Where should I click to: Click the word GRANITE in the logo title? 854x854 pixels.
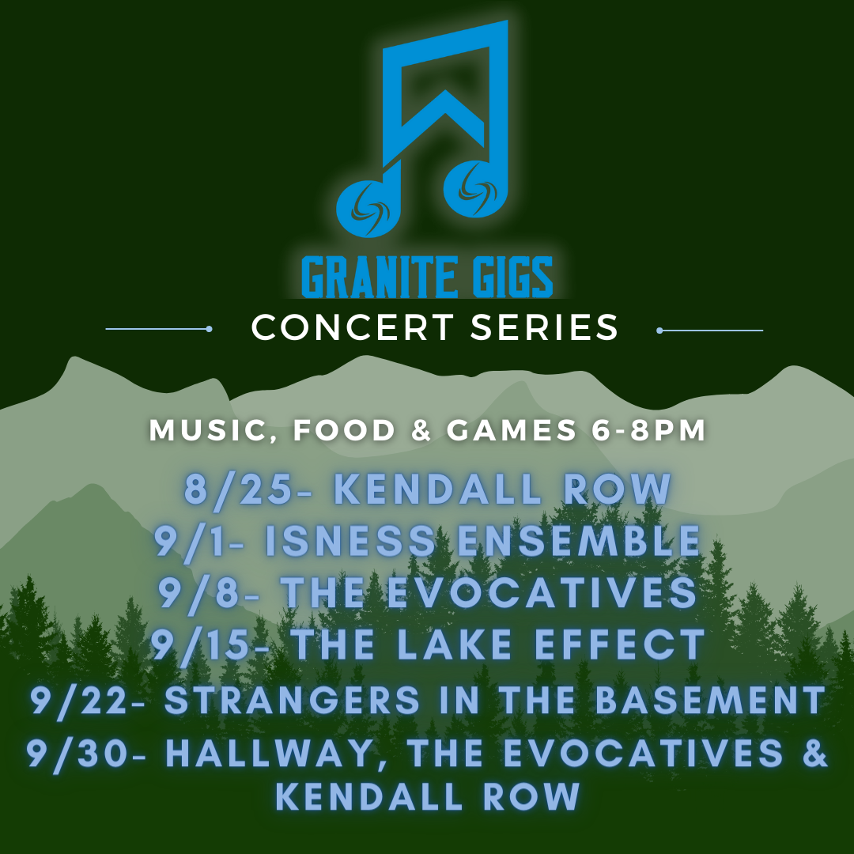(380, 278)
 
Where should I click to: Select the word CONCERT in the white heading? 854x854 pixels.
(353, 327)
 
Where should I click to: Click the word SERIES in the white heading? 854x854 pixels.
(544, 327)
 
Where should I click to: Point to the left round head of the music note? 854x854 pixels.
(368, 209)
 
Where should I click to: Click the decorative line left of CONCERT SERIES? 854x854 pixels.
(158, 329)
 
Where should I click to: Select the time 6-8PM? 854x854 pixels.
(648, 429)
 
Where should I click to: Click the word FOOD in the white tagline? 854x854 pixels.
(344, 429)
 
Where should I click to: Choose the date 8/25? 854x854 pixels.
(239, 489)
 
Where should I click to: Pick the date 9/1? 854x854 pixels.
(190, 542)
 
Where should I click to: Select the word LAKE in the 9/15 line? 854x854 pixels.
(454, 644)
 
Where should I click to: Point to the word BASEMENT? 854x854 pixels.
(710, 700)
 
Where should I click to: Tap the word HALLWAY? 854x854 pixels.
(269, 754)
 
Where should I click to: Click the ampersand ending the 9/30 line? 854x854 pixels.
(814, 753)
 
